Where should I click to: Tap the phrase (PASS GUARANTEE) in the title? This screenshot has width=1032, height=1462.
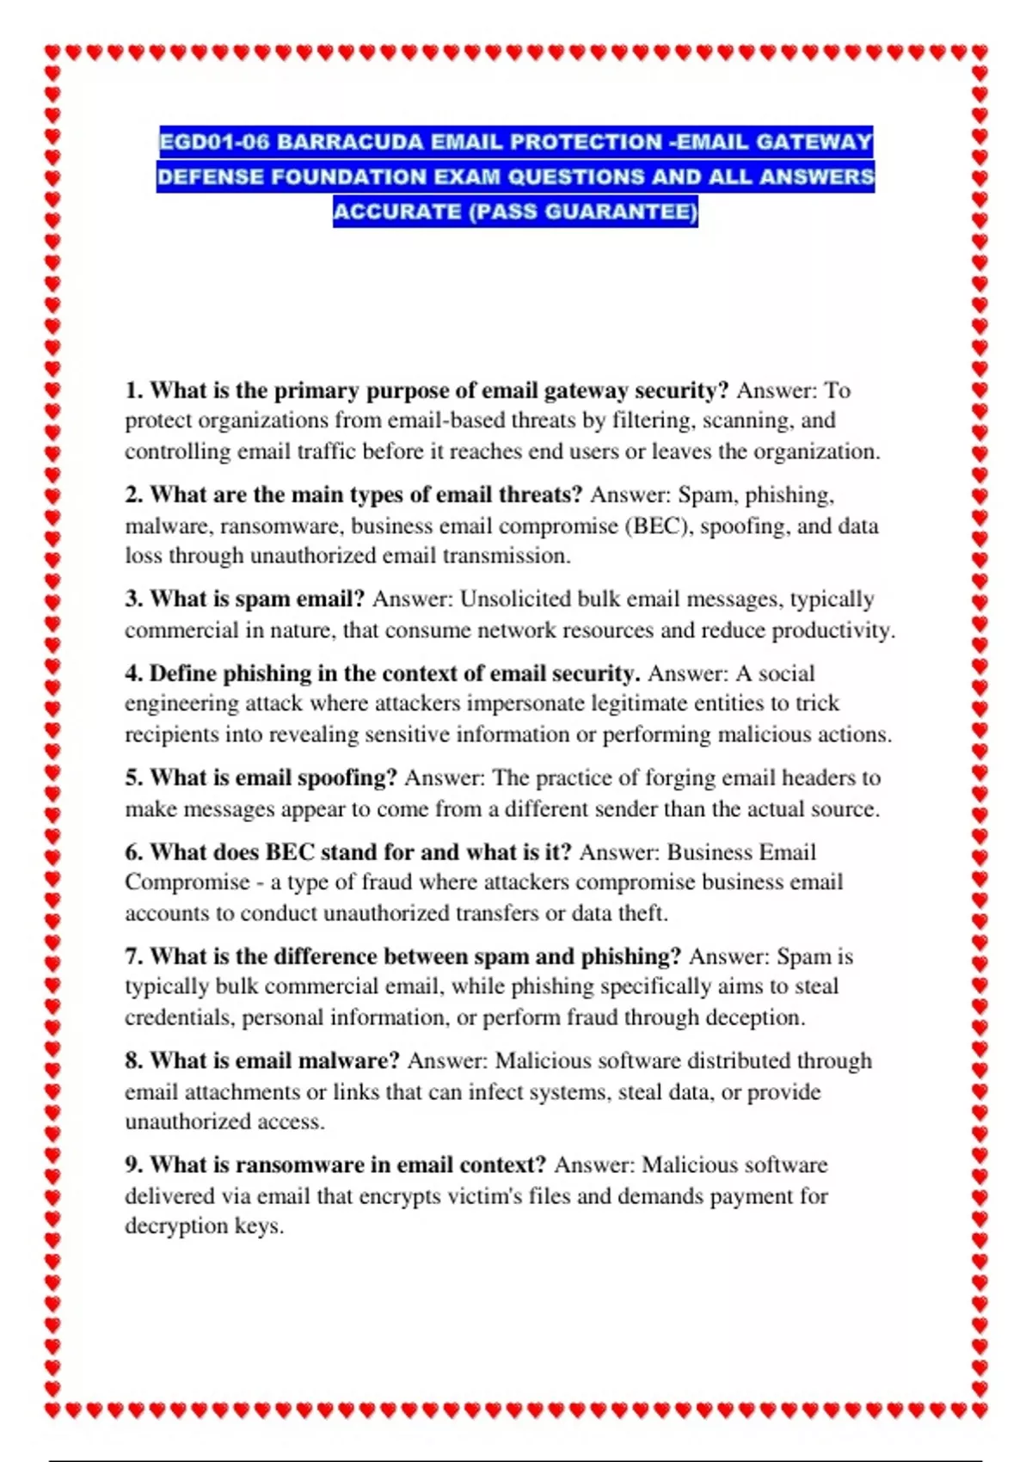tap(583, 212)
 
